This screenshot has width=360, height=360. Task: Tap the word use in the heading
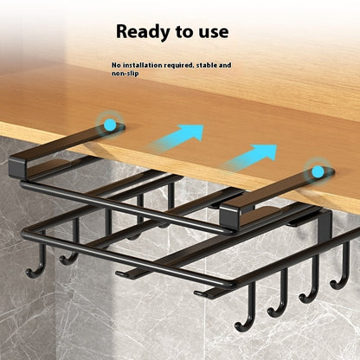point(211,32)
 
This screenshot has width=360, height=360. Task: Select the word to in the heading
point(184,32)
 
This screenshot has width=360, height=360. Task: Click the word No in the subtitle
point(117,65)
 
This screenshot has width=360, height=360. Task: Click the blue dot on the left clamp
point(110,125)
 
